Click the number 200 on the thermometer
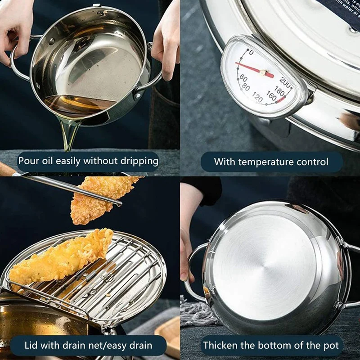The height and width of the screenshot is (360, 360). click(285, 81)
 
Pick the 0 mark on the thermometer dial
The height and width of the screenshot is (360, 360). click(251, 53)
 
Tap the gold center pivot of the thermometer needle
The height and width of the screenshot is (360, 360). click(263, 72)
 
